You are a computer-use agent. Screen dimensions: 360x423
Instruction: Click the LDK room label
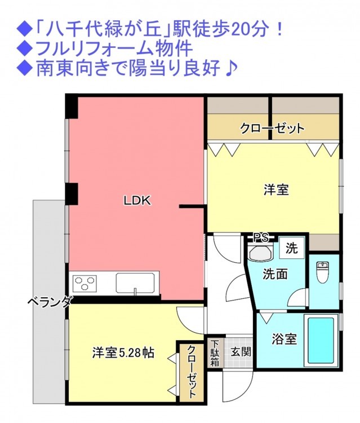point(137,201)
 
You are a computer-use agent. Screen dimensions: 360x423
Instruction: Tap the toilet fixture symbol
point(323,272)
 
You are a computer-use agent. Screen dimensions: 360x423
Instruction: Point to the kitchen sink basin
point(136,283)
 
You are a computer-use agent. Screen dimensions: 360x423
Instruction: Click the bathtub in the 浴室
point(321,341)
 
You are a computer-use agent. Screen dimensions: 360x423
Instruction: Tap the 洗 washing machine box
point(292,248)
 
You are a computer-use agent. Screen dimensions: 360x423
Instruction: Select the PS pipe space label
point(261,237)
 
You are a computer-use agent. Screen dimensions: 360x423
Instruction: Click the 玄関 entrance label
point(241,352)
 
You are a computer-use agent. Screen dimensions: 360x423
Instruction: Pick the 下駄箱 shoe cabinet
point(215,353)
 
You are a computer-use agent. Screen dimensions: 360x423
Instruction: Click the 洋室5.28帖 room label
point(123,353)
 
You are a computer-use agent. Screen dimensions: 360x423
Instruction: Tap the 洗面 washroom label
point(275,275)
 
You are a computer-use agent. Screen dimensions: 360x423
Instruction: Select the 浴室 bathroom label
point(285,340)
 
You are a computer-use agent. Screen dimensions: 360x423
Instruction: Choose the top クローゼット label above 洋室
point(272,128)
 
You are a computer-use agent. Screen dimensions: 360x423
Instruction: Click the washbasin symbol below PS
point(261,253)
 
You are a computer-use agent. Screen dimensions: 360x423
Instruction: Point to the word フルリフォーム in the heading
point(91,49)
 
